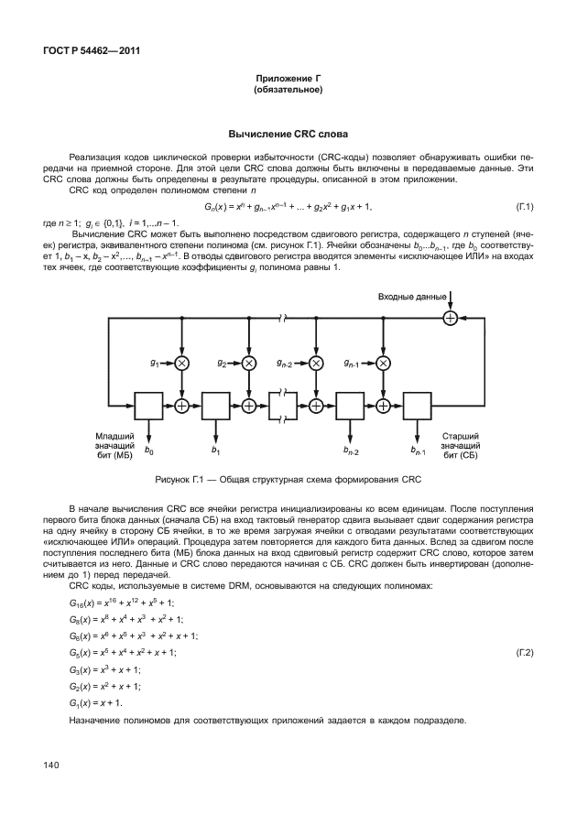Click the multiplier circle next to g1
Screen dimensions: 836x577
click(181, 364)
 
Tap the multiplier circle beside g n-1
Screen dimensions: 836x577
click(383, 364)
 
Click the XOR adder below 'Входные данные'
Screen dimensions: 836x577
click(450, 318)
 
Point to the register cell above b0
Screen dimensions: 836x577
click(148, 404)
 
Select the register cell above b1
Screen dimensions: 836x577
click(215, 404)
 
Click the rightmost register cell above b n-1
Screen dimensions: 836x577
click(418, 404)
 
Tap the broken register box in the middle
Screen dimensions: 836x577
click(283, 404)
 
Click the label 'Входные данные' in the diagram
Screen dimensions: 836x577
click(412, 297)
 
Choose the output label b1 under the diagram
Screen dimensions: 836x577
click(216, 451)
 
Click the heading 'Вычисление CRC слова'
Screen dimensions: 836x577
click(288, 135)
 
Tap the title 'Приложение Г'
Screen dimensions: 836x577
click(288, 81)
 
